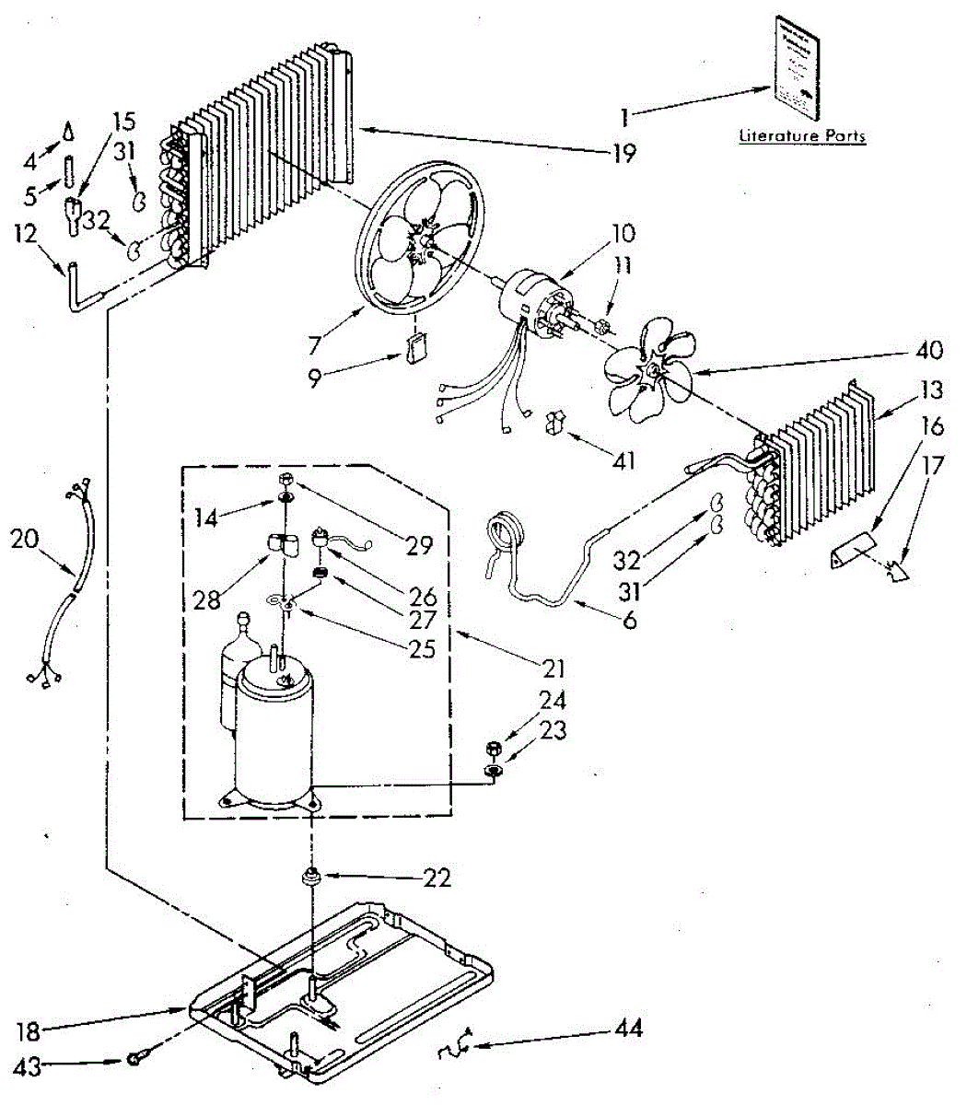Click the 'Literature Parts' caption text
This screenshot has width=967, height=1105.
(803, 136)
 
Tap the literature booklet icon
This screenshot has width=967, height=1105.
(796, 67)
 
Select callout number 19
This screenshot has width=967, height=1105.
(624, 152)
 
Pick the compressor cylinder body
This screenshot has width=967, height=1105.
(274, 737)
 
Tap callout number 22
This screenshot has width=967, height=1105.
(438, 878)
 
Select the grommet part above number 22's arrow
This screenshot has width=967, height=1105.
(311, 876)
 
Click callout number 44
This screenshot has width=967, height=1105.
(630, 1028)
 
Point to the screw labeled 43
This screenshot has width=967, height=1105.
(135, 1060)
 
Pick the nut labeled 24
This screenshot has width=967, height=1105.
(493, 745)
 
